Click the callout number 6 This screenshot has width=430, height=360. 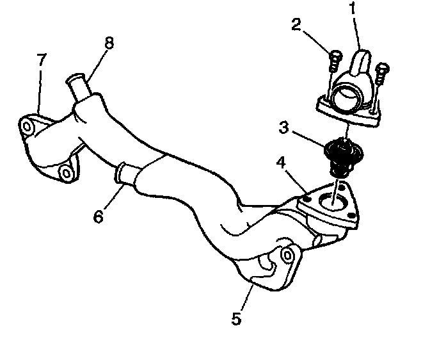tap(97, 217)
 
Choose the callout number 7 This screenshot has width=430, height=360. tap(41, 60)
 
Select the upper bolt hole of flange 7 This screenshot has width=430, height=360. tap(26, 125)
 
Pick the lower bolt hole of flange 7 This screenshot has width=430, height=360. tap(64, 172)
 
